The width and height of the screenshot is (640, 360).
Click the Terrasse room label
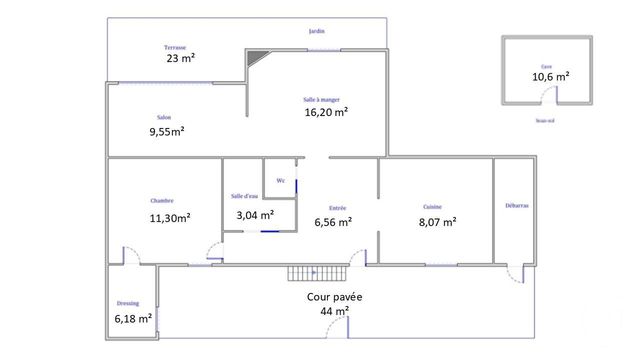tap(175, 47)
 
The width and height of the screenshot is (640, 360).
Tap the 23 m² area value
tap(181, 58)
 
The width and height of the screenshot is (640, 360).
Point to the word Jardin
tap(317, 32)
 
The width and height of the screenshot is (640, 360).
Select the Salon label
tap(163, 118)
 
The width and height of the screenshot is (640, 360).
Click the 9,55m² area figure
tap(167, 131)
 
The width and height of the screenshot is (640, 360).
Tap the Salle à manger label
tap(322, 100)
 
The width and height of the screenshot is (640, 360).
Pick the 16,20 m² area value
tap(326, 113)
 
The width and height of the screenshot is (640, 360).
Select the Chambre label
tap(162, 200)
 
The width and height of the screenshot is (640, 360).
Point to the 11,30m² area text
tap(170, 217)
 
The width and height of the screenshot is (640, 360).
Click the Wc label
tap(280, 181)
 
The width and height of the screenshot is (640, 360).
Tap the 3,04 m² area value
tap(255, 215)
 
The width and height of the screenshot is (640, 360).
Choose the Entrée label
tap(338, 208)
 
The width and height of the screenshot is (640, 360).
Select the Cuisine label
tap(433, 207)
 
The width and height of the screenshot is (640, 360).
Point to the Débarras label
tap(518, 205)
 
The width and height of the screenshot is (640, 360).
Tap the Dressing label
tap(127, 303)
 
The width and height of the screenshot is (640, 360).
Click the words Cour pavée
tap(335, 298)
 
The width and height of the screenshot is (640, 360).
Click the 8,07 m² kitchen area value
tap(437, 221)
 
